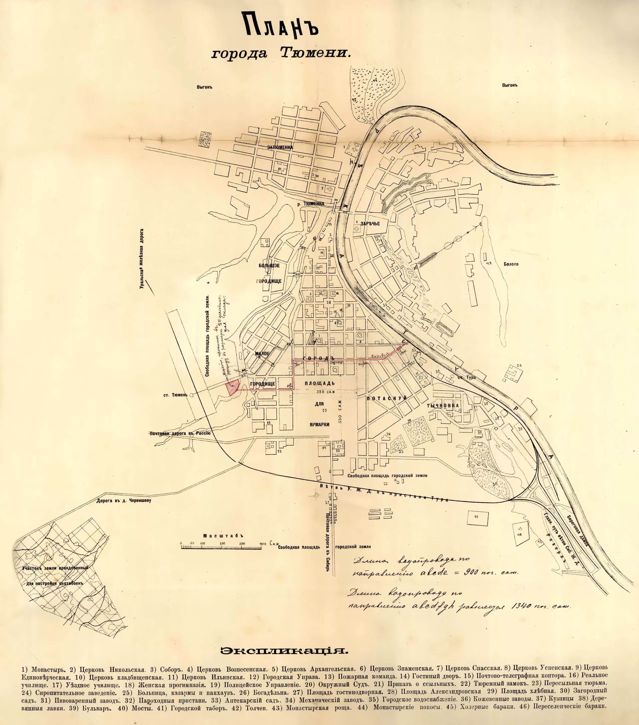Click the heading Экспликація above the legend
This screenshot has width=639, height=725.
[x=284, y=651]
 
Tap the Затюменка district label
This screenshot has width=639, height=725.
[x=280, y=147]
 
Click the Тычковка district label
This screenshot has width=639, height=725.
[x=443, y=405]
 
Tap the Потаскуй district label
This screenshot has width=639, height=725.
[x=386, y=399]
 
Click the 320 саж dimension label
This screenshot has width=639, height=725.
[x=325, y=392]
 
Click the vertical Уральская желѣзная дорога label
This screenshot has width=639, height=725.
[x=142, y=259]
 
